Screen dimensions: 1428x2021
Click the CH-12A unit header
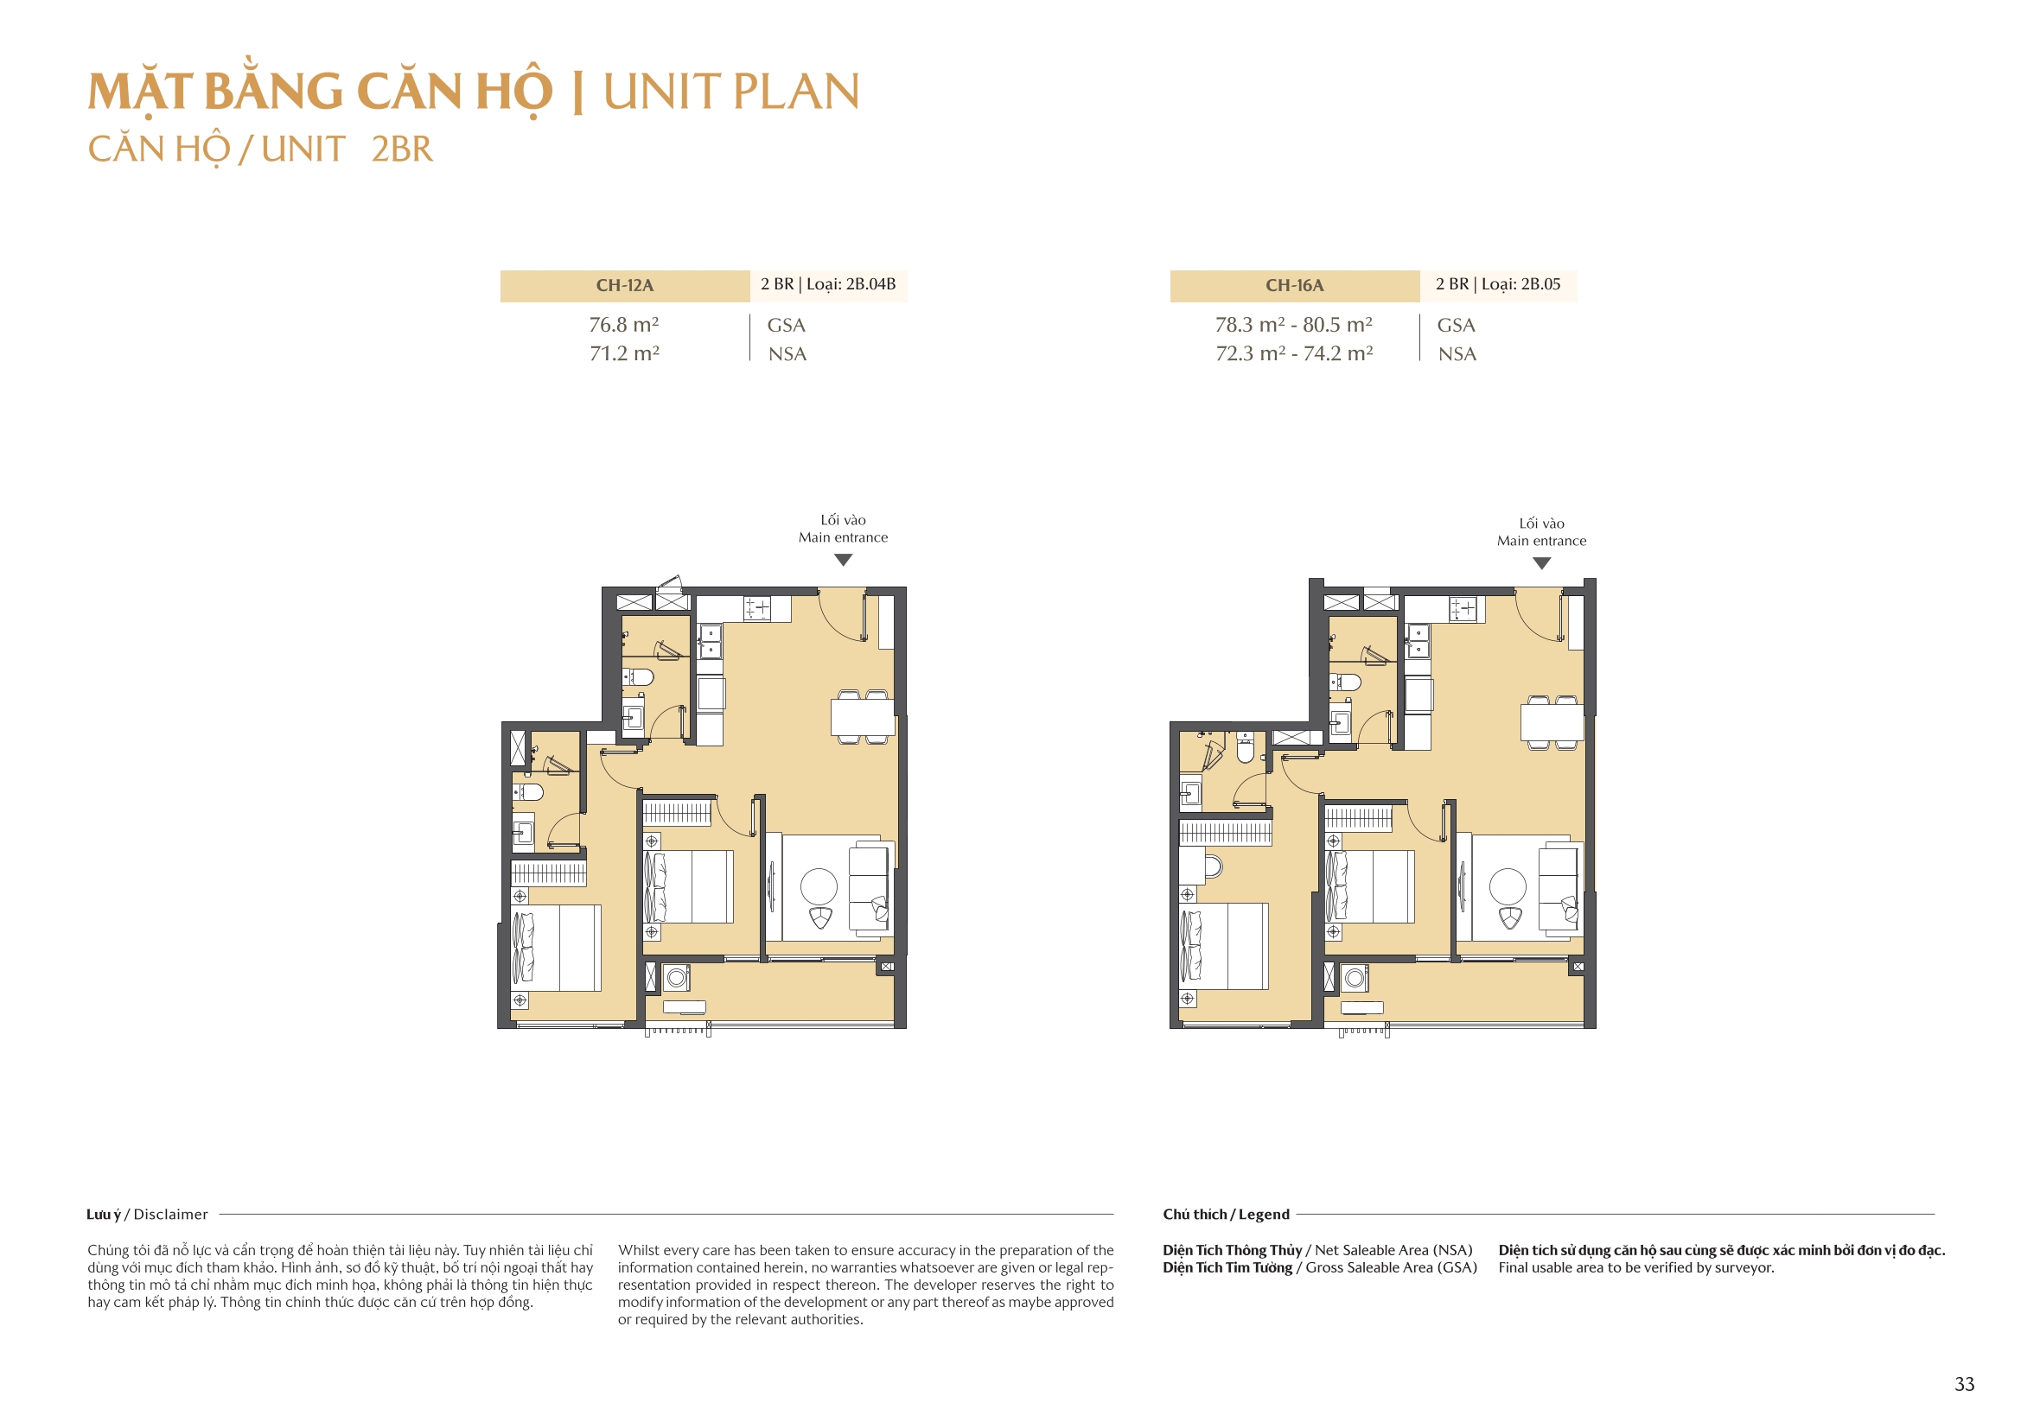[624, 286]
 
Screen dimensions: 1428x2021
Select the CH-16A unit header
[1294, 286]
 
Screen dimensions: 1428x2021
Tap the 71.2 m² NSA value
[624, 353]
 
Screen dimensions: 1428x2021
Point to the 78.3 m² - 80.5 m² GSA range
[1293, 325]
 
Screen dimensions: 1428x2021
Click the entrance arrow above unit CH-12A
[843, 561]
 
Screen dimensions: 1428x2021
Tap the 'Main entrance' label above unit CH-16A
[1541, 541]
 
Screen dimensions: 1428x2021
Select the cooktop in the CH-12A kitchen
[757, 608]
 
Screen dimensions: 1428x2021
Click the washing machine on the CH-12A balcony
[677, 978]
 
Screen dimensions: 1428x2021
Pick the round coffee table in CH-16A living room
[1507, 886]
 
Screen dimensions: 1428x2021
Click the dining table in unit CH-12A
[863, 717]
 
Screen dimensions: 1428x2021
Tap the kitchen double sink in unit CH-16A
[1417, 641]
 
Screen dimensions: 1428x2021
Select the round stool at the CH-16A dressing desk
[1213, 866]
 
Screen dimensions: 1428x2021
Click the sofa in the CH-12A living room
[868, 889]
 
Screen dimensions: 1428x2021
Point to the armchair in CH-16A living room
[1509, 918]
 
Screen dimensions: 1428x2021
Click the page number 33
[1964, 1384]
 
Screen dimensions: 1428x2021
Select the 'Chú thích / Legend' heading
[1225, 1215]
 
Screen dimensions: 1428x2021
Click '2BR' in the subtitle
[402, 149]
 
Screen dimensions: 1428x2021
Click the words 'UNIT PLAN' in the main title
[730, 92]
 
